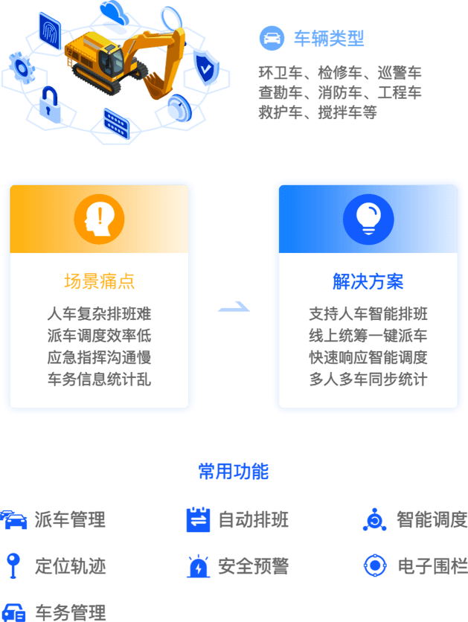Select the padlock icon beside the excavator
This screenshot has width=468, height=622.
(x=49, y=103)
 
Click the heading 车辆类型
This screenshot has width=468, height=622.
(x=329, y=38)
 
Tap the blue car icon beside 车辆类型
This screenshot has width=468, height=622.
(x=272, y=38)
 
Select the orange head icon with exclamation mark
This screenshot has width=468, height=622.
(x=99, y=219)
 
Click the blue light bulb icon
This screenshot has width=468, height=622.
(x=368, y=219)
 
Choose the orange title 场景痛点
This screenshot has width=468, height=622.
(x=99, y=281)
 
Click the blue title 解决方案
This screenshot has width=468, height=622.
(x=368, y=281)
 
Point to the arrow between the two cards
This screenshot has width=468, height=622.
(x=233, y=307)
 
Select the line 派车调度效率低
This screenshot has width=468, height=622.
(x=99, y=336)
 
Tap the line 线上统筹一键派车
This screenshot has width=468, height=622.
(x=368, y=336)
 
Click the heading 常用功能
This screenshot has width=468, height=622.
(x=234, y=471)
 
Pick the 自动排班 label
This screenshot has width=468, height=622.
(x=253, y=519)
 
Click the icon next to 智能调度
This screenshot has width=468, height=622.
(x=374, y=519)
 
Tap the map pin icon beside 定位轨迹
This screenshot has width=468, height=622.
(x=12, y=566)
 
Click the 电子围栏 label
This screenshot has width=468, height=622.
(x=432, y=566)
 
